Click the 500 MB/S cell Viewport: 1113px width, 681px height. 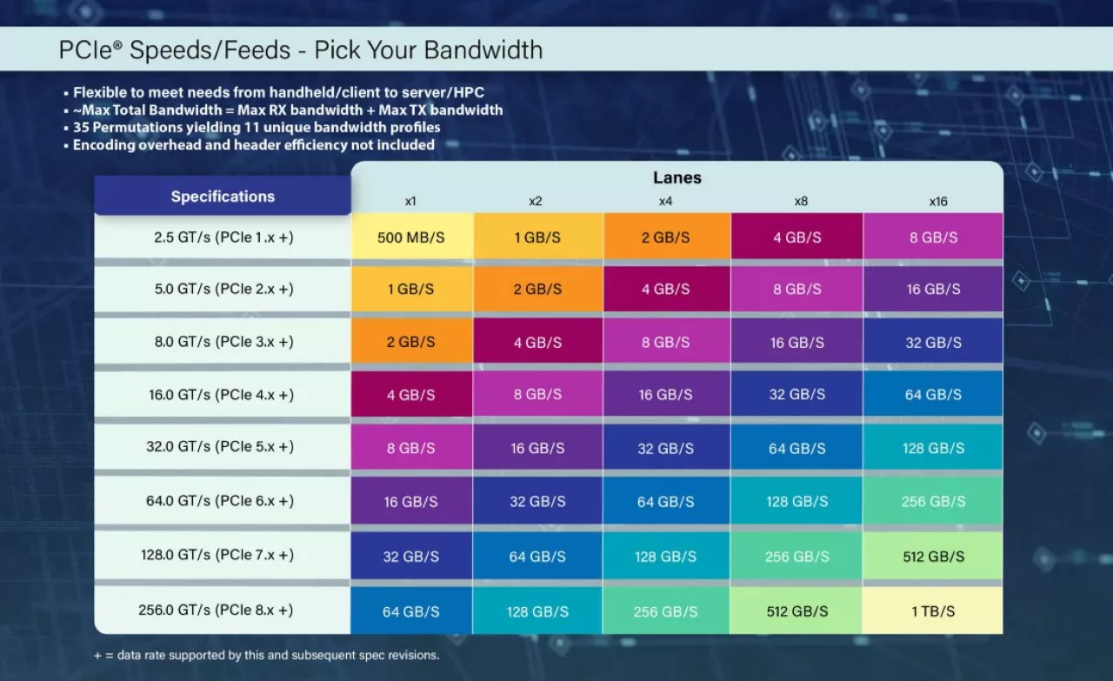point(411,237)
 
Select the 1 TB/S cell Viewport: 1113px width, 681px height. point(933,611)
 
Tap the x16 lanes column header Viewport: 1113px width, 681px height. point(937,201)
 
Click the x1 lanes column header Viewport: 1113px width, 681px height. point(410,201)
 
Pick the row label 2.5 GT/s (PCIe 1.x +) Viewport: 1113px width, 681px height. point(224,237)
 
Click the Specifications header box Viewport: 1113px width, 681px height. point(223,197)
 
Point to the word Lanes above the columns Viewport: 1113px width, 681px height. point(676,177)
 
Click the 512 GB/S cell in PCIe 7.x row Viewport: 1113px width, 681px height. point(933,557)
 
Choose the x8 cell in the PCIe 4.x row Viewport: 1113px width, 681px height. point(796,394)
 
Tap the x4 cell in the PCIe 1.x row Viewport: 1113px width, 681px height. point(665,237)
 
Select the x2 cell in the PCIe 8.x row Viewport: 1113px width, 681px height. point(537,611)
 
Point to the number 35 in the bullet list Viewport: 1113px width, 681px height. point(81,127)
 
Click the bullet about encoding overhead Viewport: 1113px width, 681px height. point(252,144)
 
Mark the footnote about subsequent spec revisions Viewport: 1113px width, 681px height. point(266,655)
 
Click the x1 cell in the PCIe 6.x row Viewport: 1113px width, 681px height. point(411,502)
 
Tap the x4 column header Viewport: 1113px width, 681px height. point(665,201)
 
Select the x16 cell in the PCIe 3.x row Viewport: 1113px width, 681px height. point(933,343)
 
